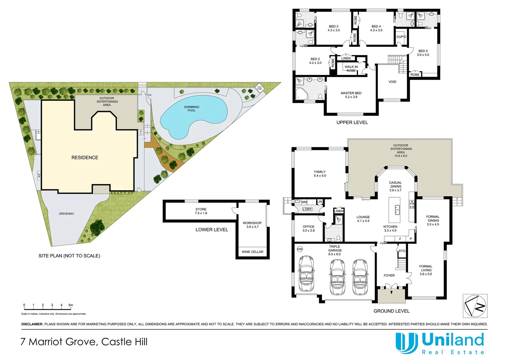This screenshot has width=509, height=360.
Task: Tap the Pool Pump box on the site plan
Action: [259, 88]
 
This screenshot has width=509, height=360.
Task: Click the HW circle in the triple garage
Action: [299, 249]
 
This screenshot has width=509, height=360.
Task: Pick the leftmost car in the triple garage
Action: [306, 274]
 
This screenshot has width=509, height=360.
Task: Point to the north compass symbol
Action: [475, 306]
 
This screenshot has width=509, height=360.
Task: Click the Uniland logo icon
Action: [406, 343]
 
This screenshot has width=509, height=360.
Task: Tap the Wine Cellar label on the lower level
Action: [253, 252]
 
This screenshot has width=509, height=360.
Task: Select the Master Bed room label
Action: [351, 95]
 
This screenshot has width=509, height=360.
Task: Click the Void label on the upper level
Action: [392, 82]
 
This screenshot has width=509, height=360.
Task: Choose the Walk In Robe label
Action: [351, 69]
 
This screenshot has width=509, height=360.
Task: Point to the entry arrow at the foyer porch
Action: [391, 292]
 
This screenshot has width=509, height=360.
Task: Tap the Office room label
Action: [308, 228]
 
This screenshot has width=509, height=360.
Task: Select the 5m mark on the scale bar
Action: [71, 305]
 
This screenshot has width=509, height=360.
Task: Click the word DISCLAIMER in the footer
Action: [32, 324]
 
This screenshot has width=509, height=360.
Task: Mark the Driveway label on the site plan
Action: [67, 214]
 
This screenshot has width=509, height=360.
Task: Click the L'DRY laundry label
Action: [307, 209]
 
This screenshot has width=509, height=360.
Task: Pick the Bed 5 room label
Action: [423, 53]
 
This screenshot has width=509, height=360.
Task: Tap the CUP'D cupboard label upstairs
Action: [401, 37]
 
